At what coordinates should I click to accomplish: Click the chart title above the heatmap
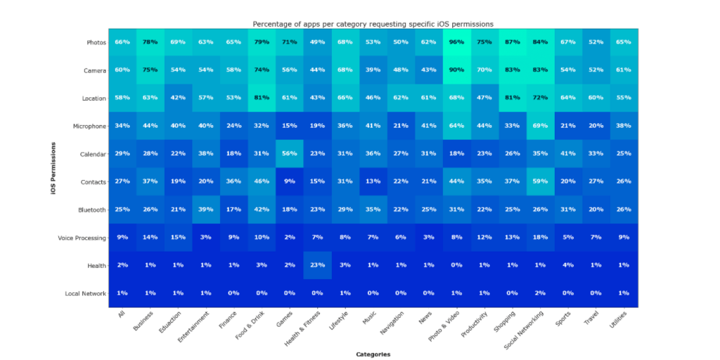coord(373,24)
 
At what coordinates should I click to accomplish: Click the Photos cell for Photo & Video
coord(456,42)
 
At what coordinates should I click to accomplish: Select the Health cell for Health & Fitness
coord(317,266)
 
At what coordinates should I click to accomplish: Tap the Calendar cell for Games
coord(289,154)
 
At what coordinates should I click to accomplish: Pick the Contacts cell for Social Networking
coord(540,182)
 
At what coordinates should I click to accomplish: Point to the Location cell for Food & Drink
coord(261,98)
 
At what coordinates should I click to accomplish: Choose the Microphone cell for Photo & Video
coord(456,127)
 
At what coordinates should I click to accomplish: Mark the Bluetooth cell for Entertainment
coord(205,210)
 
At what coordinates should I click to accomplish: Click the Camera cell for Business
coord(150,70)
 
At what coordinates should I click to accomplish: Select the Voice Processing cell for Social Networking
coord(540,238)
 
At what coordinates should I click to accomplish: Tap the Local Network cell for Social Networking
coord(540,294)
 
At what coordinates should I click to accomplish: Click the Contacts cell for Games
coord(289,182)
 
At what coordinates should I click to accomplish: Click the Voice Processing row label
coord(82,238)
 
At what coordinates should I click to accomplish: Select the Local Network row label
coord(84,294)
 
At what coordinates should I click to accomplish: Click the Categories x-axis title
coord(373,354)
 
